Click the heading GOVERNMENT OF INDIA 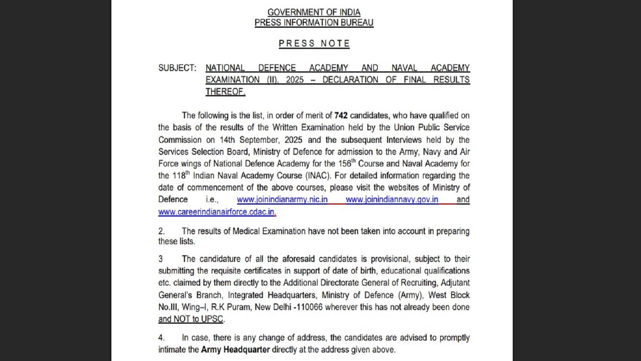pos(314,12)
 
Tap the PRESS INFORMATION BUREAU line pos(314,22)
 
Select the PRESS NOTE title pos(314,43)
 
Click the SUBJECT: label pos(177,68)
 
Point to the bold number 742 pos(341,116)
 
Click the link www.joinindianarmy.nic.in pos(282,199)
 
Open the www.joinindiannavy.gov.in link pos(391,199)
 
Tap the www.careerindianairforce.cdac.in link pos(217,212)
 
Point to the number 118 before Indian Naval pos(179,176)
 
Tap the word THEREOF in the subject pos(225,92)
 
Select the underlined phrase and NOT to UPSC pos(191,319)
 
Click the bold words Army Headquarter pos(235,350)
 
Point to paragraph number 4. pos(161,338)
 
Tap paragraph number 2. pos(161,231)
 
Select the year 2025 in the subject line pos(294,80)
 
